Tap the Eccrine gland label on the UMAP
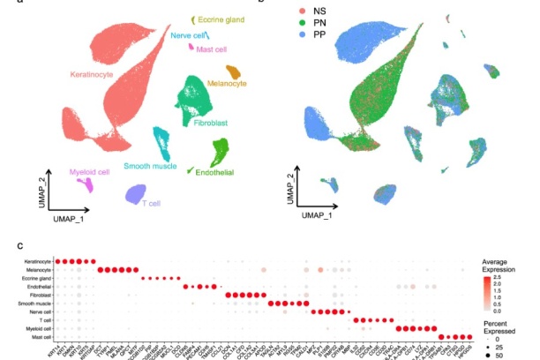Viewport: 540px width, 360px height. (x=221, y=19)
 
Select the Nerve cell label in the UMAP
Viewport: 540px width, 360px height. (x=189, y=35)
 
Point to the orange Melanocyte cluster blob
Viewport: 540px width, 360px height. (x=234, y=71)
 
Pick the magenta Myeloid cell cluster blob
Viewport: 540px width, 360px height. (x=86, y=184)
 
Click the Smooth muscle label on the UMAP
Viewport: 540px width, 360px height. (x=148, y=165)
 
